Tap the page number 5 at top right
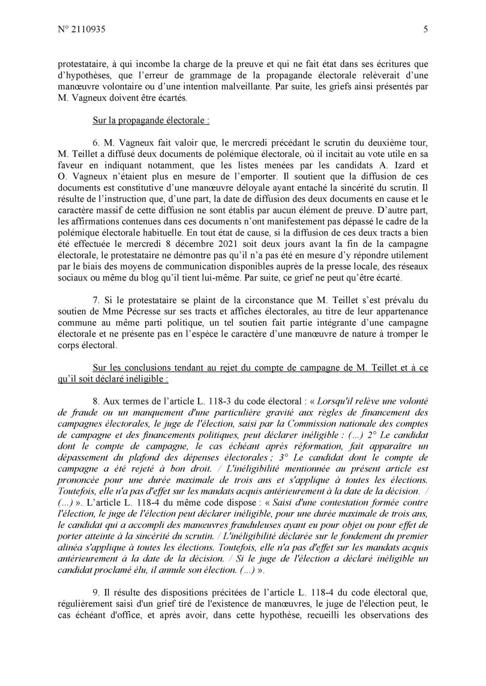pos(425,28)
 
